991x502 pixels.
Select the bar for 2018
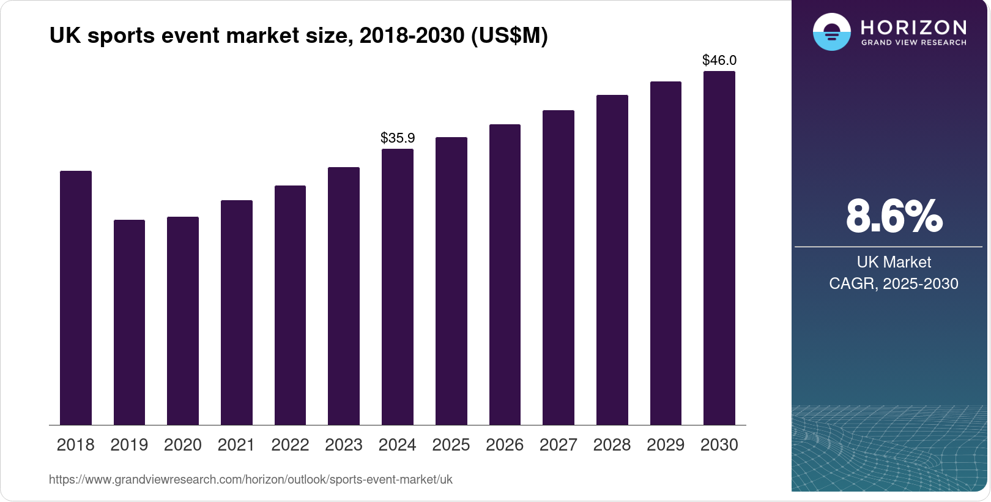click(x=75, y=298)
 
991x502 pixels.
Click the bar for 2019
click(x=129, y=323)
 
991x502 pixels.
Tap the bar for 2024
click(x=397, y=287)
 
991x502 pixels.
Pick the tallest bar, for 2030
click(x=719, y=248)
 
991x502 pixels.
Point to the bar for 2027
click(x=558, y=268)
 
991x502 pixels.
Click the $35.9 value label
click(x=398, y=138)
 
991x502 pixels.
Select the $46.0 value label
click(x=719, y=60)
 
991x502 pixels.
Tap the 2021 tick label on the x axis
click(x=236, y=445)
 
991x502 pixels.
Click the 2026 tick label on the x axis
click(x=505, y=445)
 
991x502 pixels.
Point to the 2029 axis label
click(x=666, y=445)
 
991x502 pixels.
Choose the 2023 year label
click(x=344, y=445)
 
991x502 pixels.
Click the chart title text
click(x=299, y=36)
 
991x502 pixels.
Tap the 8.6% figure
click(x=894, y=216)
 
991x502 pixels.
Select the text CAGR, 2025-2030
click(x=894, y=283)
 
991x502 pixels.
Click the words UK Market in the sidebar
click(x=894, y=262)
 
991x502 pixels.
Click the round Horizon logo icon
click(x=831, y=32)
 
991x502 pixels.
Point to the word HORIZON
click(x=913, y=27)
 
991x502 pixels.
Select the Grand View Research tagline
click(x=913, y=43)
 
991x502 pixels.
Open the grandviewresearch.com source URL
click(x=251, y=479)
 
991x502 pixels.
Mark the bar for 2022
click(x=290, y=305)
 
